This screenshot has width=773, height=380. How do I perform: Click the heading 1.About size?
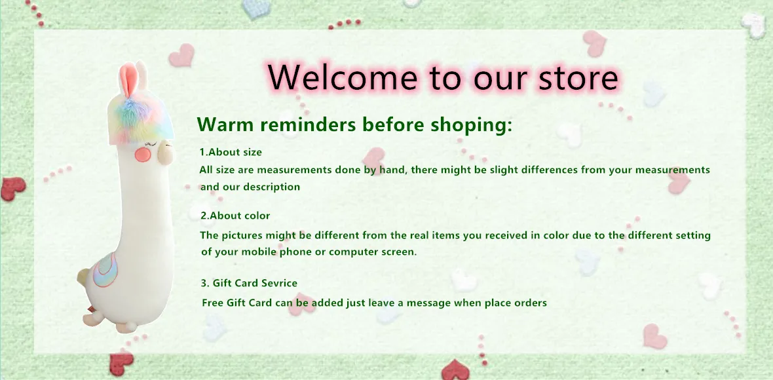(231, 152)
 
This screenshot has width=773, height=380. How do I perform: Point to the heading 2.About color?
(235, 216)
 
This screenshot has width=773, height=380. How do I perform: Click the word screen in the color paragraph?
(400, 252)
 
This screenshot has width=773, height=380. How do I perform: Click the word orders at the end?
(531, 303)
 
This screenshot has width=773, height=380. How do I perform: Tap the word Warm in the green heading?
(217, 124)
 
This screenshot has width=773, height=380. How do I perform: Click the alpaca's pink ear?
(128, 80)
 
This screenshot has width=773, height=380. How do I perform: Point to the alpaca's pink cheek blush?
(142, 155)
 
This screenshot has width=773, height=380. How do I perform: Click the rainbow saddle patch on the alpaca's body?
(105, 269)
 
